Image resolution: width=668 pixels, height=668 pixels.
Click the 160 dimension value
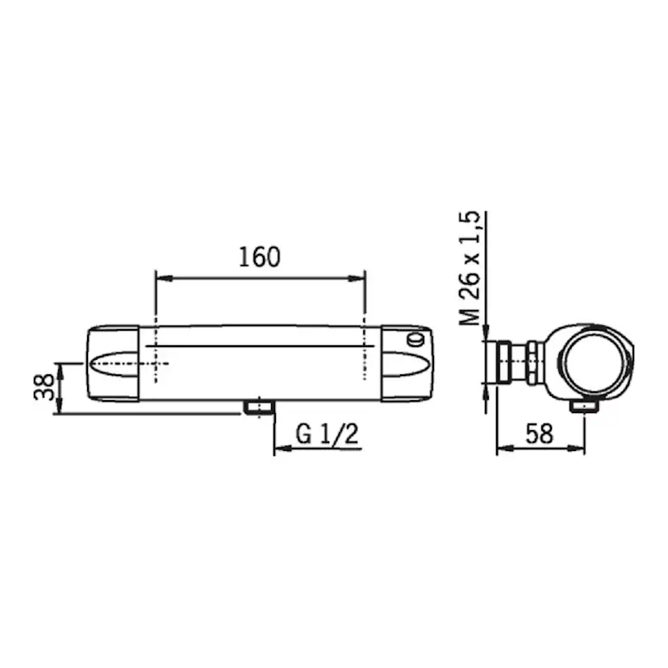(260, 257)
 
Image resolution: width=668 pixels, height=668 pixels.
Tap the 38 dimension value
(44, 386)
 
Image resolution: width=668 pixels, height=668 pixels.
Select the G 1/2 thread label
(327, 435)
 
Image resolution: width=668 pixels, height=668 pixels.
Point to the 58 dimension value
(540, 434)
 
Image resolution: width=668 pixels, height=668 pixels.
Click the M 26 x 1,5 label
(470, 269)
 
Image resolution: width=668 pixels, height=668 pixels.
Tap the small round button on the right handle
(415, 340)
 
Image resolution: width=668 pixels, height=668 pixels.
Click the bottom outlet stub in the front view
(259, 407)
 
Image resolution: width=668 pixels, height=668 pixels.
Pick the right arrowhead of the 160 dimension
(357, 278)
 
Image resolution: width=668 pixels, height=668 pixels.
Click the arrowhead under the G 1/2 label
(282, 449)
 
